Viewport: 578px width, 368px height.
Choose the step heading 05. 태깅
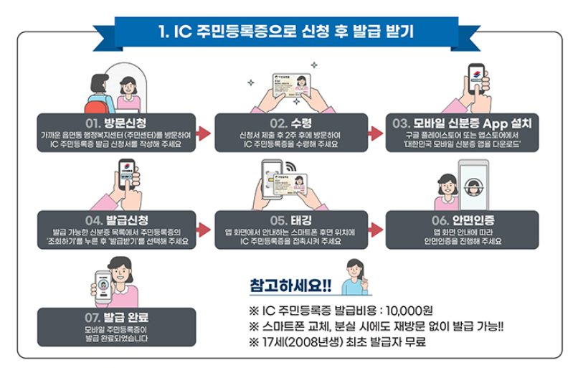tap(290, 220)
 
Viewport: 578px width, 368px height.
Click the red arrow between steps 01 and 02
tap(203, 133)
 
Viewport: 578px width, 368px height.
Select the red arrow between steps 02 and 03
tap(376, 133)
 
